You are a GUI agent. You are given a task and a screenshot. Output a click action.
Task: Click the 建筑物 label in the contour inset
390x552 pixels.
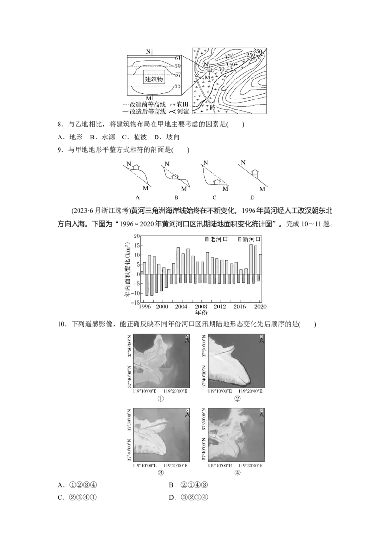coord(154,79)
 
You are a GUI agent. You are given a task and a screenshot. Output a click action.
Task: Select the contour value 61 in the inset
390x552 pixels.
coord(178,59)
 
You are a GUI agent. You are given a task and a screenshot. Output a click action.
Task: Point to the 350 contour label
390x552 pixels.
coord(258,52)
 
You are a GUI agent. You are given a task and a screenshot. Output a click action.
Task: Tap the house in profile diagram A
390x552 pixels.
coord(137,167)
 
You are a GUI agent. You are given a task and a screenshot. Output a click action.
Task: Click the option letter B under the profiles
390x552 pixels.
coord(176,197)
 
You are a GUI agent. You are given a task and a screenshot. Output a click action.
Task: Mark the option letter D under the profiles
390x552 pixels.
coord(252,197)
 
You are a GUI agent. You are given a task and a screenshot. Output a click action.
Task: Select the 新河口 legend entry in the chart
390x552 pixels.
coord(249,239)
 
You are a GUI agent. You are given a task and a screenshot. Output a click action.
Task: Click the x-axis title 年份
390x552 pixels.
coord(202,312)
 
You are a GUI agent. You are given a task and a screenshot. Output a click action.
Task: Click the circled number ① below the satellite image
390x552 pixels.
coord(160,398)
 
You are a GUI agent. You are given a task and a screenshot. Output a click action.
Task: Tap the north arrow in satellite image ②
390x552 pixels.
coord(262,339)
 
